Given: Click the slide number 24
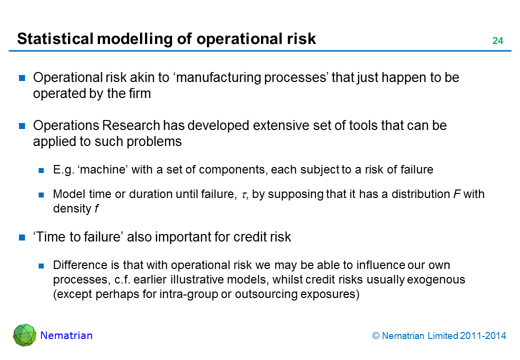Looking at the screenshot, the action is (497, 41).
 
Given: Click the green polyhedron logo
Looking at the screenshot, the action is (24, 335).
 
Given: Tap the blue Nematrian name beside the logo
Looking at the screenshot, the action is (66, 335).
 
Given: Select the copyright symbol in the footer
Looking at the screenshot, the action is (375, 336).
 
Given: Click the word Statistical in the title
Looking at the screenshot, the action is (55, 38).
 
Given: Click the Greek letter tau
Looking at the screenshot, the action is (244, 195).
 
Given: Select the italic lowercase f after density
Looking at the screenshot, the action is (96, 208).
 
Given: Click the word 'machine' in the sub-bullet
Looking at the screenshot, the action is (103, 169).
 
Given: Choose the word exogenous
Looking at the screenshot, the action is (436, 280).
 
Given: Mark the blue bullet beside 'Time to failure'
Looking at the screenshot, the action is (22, 237).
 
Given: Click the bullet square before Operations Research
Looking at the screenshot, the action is (22, 126).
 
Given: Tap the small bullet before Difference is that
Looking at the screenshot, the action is (41, 265).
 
